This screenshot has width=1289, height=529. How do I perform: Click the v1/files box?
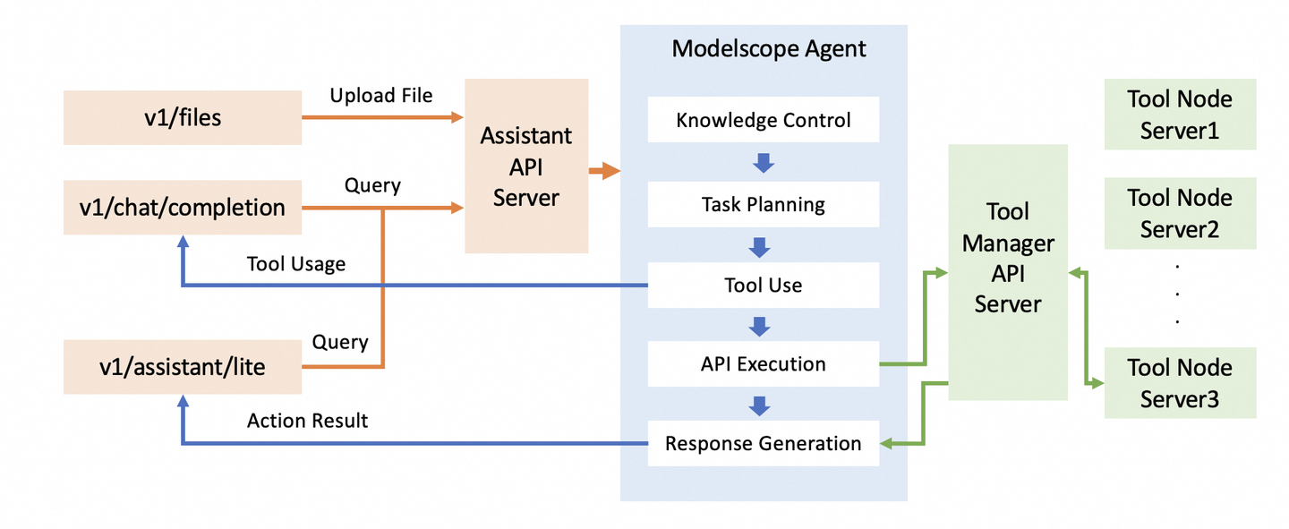tap(182, 116)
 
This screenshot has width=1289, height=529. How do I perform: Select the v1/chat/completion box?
tap(182, 208)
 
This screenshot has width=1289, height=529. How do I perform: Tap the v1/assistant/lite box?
tap(182, 366)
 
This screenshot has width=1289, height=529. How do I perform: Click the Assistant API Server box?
tap(525, 166)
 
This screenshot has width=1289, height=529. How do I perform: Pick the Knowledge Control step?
tap(764, 120)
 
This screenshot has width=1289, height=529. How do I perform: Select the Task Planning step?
tap(764, 204)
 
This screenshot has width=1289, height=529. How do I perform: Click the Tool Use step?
tap(764, 286)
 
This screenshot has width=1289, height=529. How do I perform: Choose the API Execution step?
tap(764, 364)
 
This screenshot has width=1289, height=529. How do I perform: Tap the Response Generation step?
tap(764, 443)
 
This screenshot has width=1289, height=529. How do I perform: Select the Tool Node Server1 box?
tap(1180, 115)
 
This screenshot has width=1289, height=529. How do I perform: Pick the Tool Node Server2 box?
tap(1180, 213)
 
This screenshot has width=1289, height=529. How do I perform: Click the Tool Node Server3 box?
tap(1180, 383)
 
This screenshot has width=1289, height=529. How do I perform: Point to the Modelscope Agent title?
tap(769, 48)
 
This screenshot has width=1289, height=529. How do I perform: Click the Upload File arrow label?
tap(381, 95)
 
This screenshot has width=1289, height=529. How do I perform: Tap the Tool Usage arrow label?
tap(296, 264)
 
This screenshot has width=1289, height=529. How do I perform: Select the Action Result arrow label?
tap(307, 421)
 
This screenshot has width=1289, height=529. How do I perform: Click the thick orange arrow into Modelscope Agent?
tap(605, 170)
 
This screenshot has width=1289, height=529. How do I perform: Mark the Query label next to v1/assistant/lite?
tap(340, 342)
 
